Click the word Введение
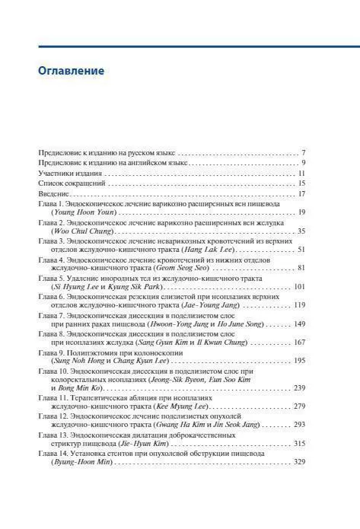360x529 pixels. (56, 193)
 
